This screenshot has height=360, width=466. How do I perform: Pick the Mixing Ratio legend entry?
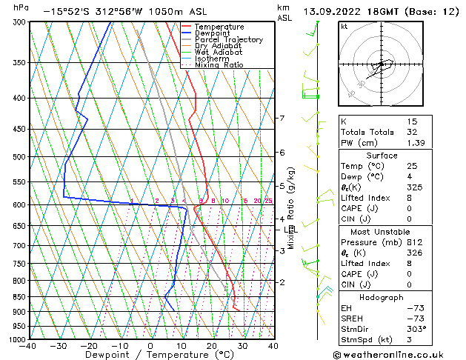pyautogui.click(x=219, y=65)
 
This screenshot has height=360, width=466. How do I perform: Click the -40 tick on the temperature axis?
pyautogui.click(x=28, y=345)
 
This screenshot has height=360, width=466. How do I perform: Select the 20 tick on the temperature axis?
pyautogui.click(x=211, y=345)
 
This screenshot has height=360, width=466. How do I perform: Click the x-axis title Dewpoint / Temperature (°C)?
pyautogui.click(x=151, y=355)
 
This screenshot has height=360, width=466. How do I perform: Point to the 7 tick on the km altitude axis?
pyautogui.click(x=282, y=119)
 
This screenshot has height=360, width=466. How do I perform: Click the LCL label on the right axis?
pyautogui.click(x=289, y=230)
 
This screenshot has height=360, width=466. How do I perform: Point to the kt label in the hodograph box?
pyautogui.click(x=344, y=26)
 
